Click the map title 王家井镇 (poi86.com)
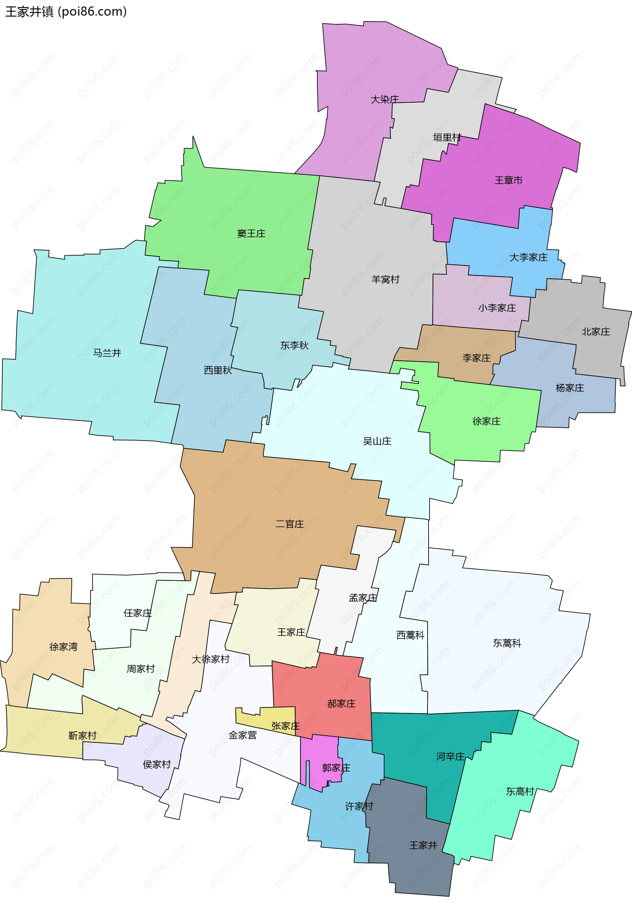[66, 12]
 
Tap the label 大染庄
[384, 99]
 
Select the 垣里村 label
[447, 137]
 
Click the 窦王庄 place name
[251, 234]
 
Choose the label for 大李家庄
[528, 257]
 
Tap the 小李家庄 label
[497, 308]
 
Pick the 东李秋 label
[294, 345]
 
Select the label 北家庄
[595, 332]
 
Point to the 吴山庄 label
[377, 441]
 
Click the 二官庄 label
[289, 524]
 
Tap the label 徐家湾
[63, 647]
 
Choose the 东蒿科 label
[507, 643]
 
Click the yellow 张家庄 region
[273, 718]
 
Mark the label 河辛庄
[450, 756]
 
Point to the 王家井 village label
[423, 845]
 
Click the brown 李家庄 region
[467, 352]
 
